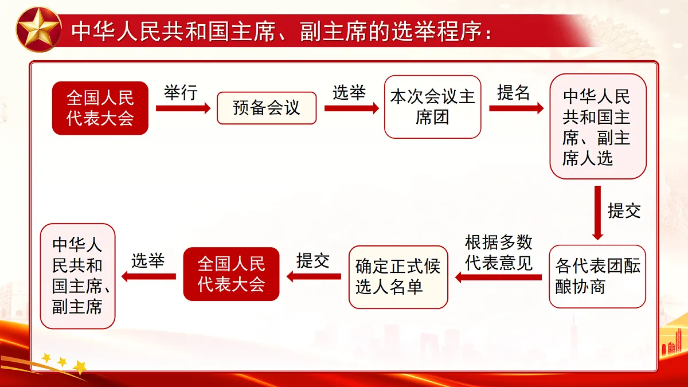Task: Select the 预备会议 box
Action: [x=267, y=108]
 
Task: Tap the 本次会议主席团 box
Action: [x=432, y=107]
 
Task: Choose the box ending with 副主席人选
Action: [x=597, y=127]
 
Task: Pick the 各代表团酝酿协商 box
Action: [x=597, y=276]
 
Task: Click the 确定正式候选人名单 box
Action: [x=398, y=276]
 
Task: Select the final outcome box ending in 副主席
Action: [x=77, y=276]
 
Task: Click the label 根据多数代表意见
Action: [x=498, y=253]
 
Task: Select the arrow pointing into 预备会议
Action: [x=183, y=108]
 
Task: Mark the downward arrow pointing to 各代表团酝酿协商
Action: [x=597, y=212]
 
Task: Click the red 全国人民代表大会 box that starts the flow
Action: [x=100, y=108]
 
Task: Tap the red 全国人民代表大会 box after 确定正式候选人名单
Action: [x=231, y=274]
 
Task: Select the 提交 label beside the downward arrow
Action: [x=624, y=210]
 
